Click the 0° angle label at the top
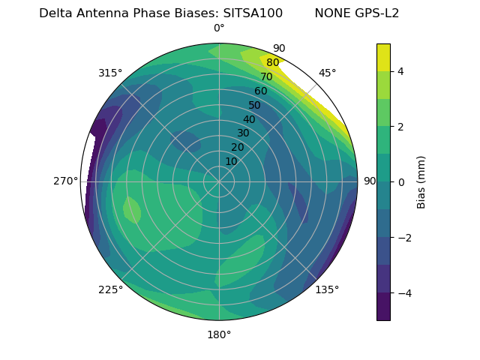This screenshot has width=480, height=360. (219, 28)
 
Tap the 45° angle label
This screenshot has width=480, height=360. (327, 73)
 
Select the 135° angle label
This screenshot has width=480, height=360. (327, 289)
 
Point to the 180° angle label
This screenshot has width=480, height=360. (219, 334)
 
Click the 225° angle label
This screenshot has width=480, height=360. (110, 289)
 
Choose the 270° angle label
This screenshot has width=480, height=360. (65, 181)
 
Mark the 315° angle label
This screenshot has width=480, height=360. (110, 73)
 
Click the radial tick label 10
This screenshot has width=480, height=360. (231, 161)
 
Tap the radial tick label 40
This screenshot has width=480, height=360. (249, 119)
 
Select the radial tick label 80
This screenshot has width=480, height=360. (272, 63)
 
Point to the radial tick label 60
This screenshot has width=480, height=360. (260, 91)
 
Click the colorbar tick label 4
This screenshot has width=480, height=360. (401, 71)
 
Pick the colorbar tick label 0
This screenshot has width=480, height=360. (401, 182)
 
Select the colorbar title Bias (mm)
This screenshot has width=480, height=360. (421, 182)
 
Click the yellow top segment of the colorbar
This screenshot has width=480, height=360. (383, 57)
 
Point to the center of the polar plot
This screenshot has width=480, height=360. (219, 181)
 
